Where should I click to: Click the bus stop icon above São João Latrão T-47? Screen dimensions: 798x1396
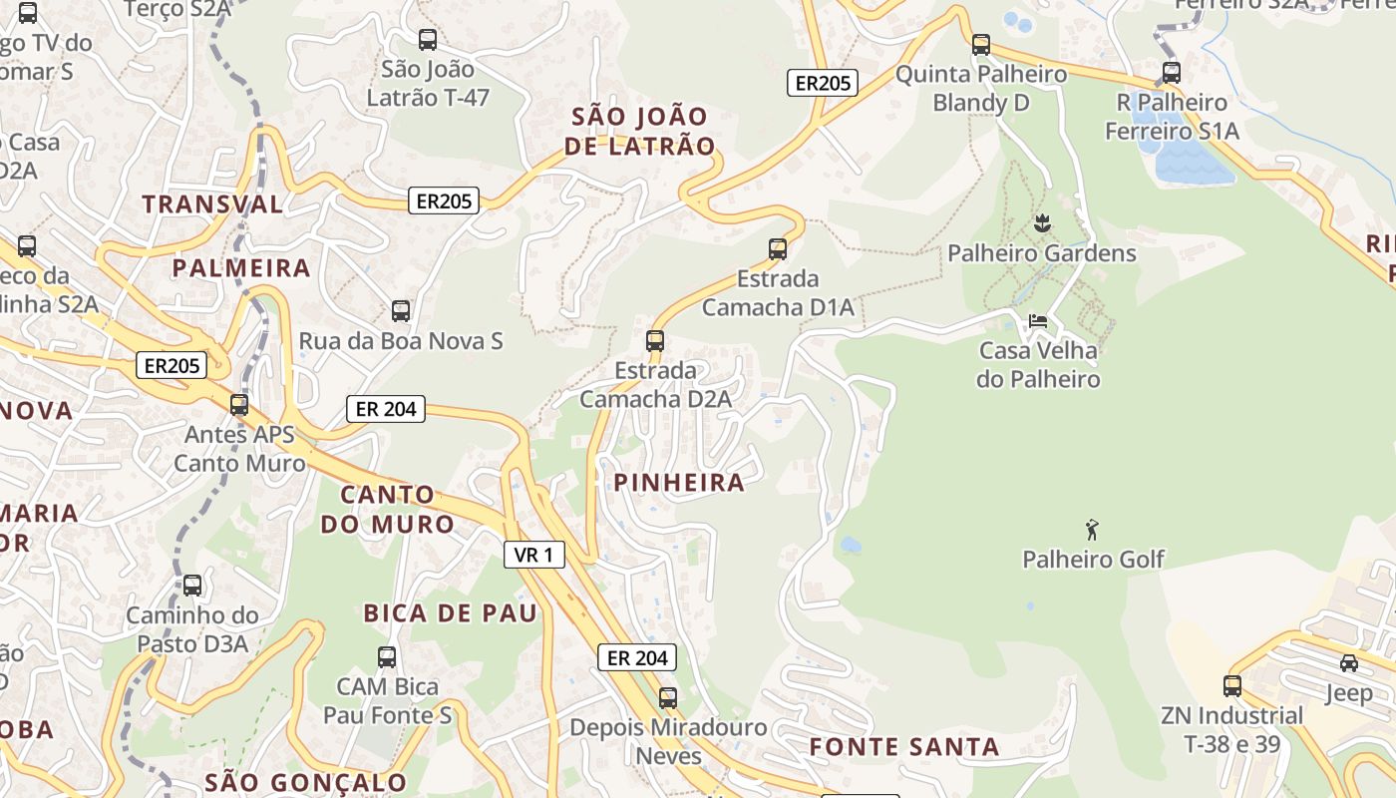428,40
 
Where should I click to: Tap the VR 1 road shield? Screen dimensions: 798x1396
534,555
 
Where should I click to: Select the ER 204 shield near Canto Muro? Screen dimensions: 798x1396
386,408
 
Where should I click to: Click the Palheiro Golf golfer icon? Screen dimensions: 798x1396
1092,530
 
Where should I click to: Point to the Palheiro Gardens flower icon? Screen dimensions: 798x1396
1042,223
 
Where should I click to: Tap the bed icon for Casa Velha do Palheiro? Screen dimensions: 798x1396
1038,321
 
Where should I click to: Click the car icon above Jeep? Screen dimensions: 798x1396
1348,663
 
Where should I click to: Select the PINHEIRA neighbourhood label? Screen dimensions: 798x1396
679,483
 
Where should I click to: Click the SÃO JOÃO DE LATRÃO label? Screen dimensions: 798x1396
639,131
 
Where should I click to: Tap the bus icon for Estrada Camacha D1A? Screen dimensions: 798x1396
778,249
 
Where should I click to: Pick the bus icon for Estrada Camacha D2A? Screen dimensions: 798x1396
655,341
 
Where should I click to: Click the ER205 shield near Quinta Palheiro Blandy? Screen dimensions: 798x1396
823,83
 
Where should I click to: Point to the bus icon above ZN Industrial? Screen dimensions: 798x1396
1232,686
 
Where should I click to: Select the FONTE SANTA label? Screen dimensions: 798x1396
903,747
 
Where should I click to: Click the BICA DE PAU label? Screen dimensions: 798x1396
450,612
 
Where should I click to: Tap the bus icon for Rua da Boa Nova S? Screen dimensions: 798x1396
401,311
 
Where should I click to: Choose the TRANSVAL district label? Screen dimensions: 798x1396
212,204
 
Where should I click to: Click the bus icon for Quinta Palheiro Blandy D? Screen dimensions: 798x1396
981,45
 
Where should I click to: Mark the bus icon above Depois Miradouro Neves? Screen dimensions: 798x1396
668,698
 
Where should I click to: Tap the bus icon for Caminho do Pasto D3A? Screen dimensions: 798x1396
192,586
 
